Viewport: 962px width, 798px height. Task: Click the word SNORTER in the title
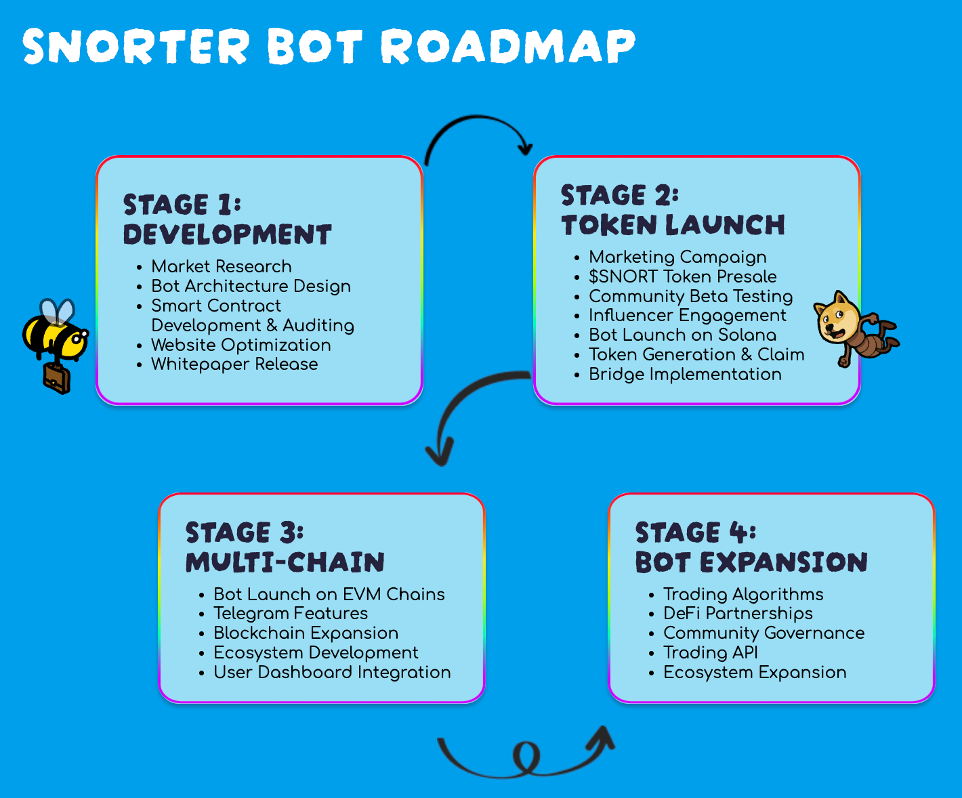coord(136,47)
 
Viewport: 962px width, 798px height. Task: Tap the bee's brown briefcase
coord(56,378)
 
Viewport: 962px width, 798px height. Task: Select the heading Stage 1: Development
coord(227,219)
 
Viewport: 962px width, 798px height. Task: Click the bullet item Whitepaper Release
coord(234,364)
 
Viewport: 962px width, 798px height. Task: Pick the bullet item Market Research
coord(222,266)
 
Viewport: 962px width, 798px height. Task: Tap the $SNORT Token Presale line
coord(682,276)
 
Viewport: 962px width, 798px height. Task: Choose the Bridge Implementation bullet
coord(685,375)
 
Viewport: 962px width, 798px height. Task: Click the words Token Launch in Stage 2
coord(673,225)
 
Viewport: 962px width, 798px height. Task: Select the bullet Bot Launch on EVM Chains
coord(329,594)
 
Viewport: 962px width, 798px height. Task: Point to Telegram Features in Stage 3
coord(291,614)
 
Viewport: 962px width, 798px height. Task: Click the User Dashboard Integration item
coord(332,673)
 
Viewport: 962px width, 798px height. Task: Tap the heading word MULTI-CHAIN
coord(285,562)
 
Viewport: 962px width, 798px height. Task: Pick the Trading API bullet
coord(711,652)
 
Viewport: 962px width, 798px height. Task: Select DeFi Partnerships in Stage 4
coord(738,614)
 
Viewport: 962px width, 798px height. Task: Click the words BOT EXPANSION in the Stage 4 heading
coord(751,562)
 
